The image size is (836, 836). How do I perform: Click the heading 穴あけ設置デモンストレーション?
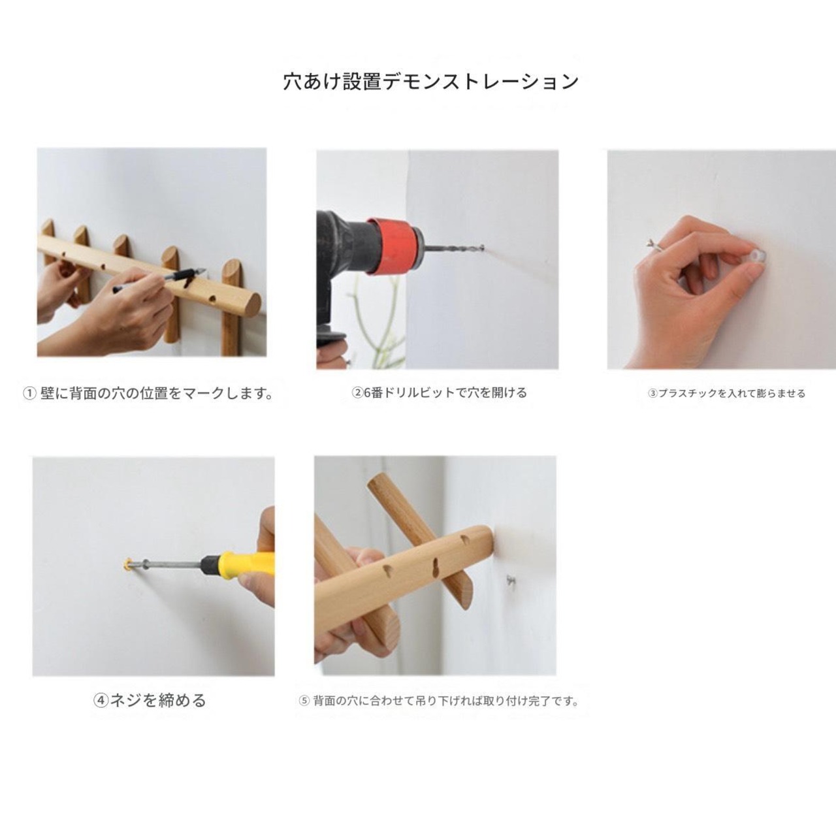point(431,82)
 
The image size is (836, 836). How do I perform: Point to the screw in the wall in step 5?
point(511,579)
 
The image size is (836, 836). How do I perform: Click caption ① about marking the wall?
point(148,394)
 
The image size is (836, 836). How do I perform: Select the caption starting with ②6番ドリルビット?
point(439,393)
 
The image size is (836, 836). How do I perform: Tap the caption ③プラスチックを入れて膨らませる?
point(726,394)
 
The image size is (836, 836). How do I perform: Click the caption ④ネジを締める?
point(150,701)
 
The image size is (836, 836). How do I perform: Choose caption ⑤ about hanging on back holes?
point(439,701)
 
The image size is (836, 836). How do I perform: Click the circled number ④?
point(101,701)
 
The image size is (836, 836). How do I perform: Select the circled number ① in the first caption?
point(29,394)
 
